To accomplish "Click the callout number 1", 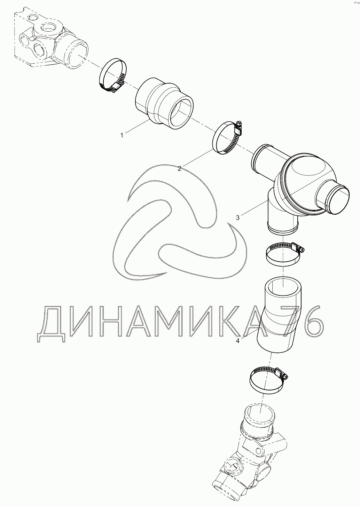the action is pyautogui.click(x=122, y=136).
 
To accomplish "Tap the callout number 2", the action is pyautogui.click(x=179, y=169).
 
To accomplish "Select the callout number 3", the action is pyautogui.click(x=237, y=218).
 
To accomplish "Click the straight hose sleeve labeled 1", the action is pyautogui.click(x=164, y=103).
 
